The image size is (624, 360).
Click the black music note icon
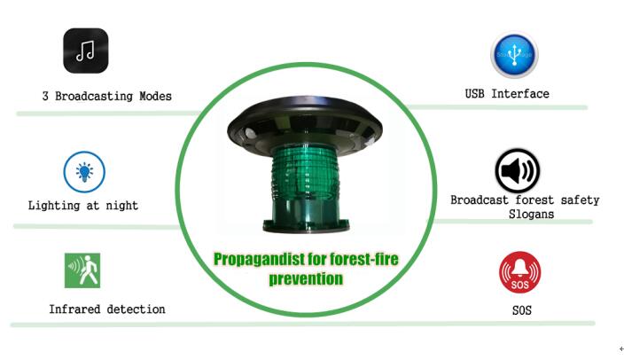click(x=86, y=51)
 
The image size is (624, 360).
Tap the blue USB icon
click(x=514, y=55)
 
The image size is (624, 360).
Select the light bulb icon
click(x=84, y=172)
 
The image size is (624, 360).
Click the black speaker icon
click(x=518, y=171)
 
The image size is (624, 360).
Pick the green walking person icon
click(x=82, y=270)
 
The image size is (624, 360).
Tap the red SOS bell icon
click(x=519, y=272)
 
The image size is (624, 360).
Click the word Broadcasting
click(x=94, y=96)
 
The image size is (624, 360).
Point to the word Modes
click(x=156, y=96)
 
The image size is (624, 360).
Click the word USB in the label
click(x=475, y=94)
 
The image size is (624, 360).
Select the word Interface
click(x=520, y=94)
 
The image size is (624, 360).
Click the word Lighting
click(x=54, y=206)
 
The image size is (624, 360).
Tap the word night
click(x=121, y=206)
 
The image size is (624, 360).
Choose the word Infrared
click(x=74, y=309)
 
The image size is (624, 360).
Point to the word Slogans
click(x=531, y=215)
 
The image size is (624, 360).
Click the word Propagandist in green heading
click(x=258, y=259)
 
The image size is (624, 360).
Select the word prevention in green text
click(x=306, y=278)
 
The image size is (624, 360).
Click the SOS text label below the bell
click(x=522, y=310)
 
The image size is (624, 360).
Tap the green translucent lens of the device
click(x=306, y=176)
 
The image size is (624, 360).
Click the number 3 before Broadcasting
click(x=45, y=96)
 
